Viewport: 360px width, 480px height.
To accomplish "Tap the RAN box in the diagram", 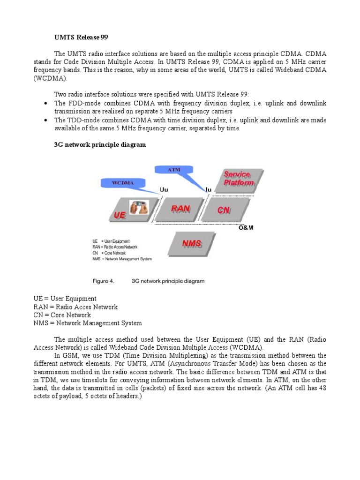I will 180,209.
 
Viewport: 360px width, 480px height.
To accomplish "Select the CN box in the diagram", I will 224,210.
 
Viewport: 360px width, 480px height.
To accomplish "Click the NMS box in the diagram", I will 192,244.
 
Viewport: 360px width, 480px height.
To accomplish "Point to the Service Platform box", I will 239,179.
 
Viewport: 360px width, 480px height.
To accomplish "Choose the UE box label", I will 120,216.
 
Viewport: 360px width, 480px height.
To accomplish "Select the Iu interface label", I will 209,190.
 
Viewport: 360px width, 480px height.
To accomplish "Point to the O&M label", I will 246,228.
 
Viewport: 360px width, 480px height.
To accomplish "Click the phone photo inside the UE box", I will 139,207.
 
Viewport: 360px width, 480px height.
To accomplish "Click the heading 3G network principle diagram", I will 100,145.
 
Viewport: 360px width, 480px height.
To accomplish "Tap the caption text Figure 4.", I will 104,281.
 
